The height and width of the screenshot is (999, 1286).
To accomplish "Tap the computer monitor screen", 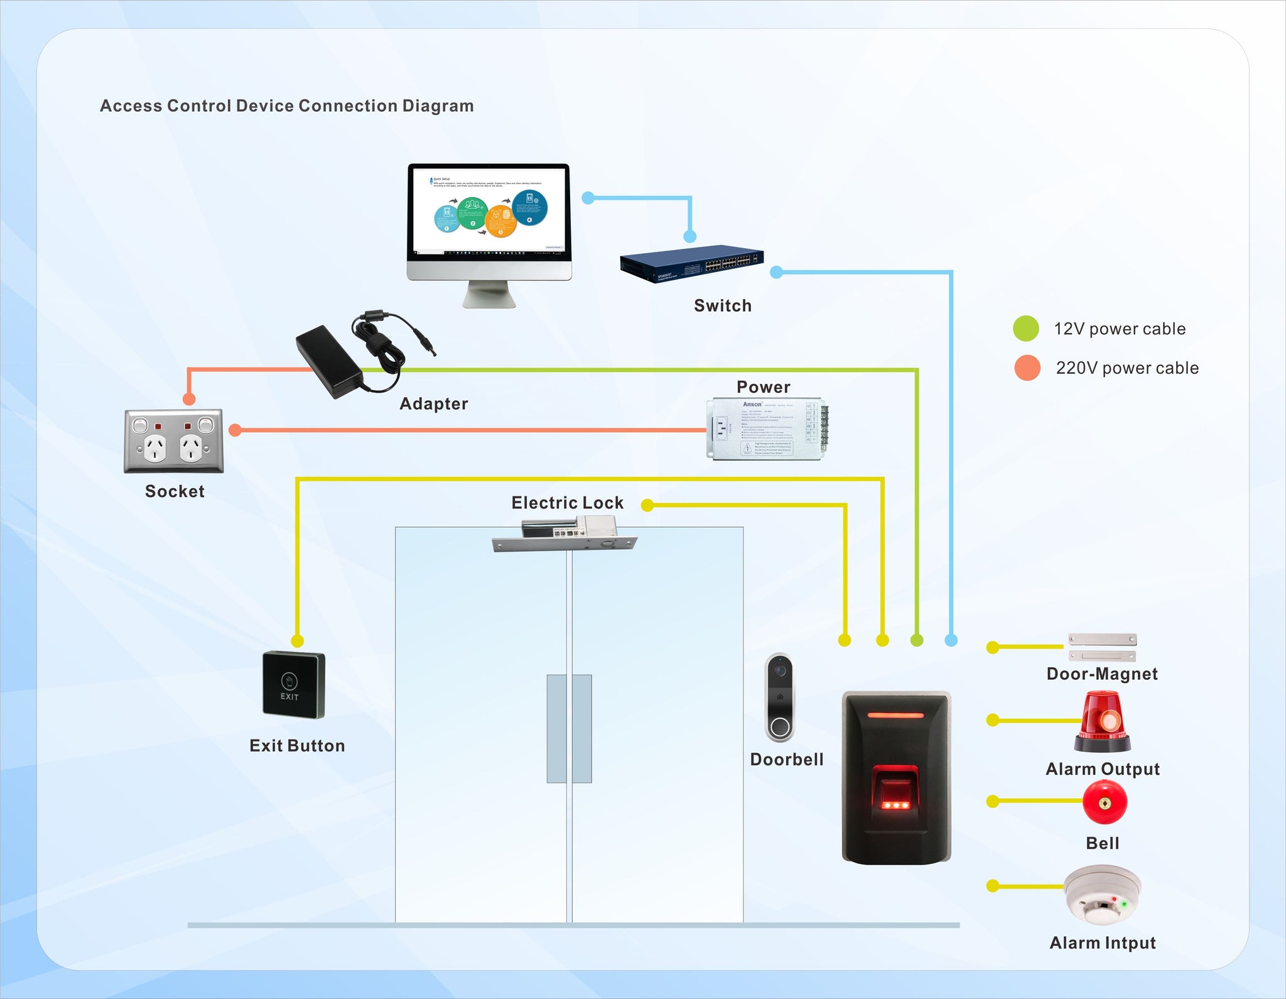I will coord(489,210).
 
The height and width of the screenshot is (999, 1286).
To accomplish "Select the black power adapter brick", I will coord(330,361).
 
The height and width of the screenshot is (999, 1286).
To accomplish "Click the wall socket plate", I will coord(174,440).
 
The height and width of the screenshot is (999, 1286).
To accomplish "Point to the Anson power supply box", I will coord(766,429).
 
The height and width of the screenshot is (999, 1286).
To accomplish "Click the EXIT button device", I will coord(293,685).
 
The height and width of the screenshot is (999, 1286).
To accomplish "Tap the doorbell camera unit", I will coord(780,697).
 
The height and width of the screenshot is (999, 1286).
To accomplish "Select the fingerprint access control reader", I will coord(896,778).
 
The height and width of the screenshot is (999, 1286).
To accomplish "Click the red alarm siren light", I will coord(1103,723).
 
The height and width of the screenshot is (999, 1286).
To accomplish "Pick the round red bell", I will coord(1105,802).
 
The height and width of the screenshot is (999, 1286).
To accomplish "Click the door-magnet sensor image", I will coord(1103,647).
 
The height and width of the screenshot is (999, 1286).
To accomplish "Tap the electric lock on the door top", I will coord(565,535).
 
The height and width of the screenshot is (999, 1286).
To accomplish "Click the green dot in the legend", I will coord(1026,329).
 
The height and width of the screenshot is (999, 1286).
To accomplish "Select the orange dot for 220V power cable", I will coord(1027,368).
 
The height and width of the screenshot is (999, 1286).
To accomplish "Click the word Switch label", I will coord(723,306).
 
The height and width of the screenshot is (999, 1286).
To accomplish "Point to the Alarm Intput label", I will coord(1103,943).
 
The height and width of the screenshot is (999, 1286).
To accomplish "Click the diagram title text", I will coord(287,106).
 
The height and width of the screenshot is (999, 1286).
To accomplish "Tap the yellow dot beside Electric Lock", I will coord(647,505).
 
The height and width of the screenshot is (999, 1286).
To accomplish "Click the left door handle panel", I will coord(556,729).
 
